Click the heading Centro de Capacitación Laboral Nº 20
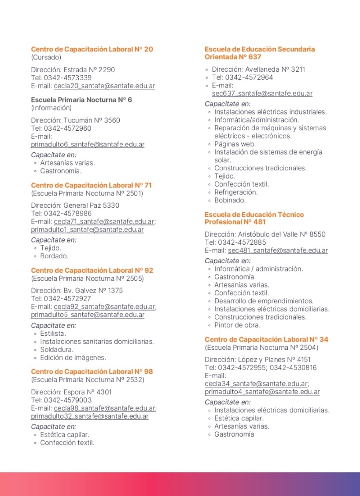(92, 49)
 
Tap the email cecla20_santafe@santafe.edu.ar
(104, 86)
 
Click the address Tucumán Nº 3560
(85, 120)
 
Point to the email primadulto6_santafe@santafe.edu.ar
(88, 144)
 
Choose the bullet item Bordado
(54, 256)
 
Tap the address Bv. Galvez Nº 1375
(93, 290)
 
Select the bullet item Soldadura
(57, 349)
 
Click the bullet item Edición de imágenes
(73, 357)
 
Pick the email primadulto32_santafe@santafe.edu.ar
(90, 416)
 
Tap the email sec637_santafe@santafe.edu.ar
(262, 94)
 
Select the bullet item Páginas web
(235, 144)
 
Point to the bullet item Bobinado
(230, 200)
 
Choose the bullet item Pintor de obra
(237, 325)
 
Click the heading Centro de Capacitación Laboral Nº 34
(266, 339)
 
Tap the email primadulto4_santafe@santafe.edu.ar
(262, 392)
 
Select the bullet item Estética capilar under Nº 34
(239, 418)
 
